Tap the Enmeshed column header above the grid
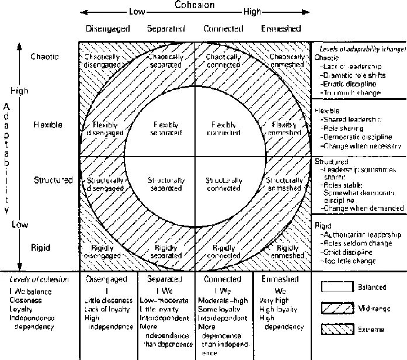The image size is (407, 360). [281, 28]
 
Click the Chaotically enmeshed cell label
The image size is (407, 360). [286, 61]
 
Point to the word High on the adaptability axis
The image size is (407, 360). [19, 91]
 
